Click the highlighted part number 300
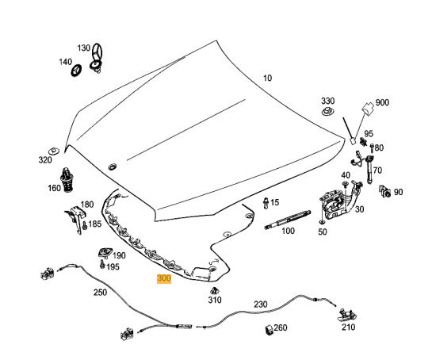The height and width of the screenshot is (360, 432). [164, 278]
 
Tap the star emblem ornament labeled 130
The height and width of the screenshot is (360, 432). [97, 59]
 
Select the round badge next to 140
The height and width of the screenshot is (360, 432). [77, 71]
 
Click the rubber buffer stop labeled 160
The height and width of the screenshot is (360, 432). [67, 180]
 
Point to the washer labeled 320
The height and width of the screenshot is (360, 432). [54, 151]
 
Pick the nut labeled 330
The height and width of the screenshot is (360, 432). [328, 112]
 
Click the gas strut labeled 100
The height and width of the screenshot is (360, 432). [288, 219]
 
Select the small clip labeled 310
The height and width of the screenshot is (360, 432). [215, 290]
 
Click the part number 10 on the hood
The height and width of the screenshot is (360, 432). [267, 78]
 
